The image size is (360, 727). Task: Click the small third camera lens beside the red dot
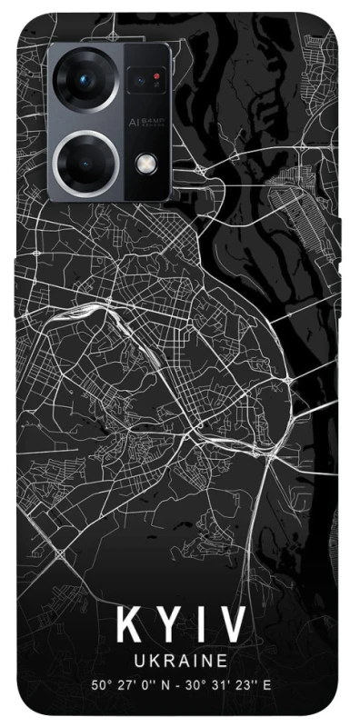pyautogui.click(x=145, y=82)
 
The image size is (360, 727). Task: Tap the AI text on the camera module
pyautogui.click(x=133, y=120)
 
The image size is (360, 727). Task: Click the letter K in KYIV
pyautogui.click(x=126, y=626)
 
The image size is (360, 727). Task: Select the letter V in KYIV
pyautogui.click(x=235, y=626)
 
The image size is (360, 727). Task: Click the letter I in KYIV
pyautogui.click(x=201, y=626)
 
